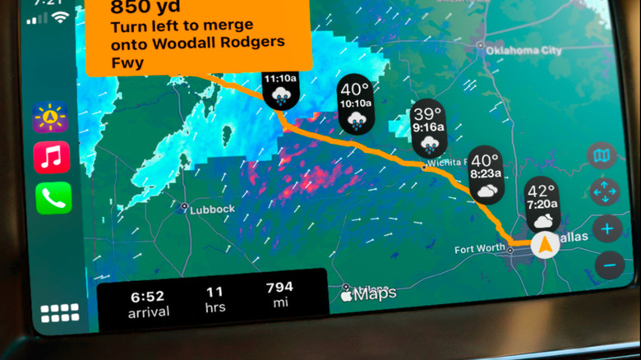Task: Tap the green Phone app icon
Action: pyautogui.click(x=53, y=198)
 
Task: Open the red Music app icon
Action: pyautogui.click(x=52, y=157)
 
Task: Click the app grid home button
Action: pyautogui.click(x=60, y=313)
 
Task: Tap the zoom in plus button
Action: pyautogui.click(x=607, y=229)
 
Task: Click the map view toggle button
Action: pyautogui.click(x=602, y=156)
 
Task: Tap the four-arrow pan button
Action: pyautogui.click(x=604, y=192)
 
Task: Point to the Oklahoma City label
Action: pyautogui.click(x=522, y=49)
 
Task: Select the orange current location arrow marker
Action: pyautogui.click(x=542, y=244)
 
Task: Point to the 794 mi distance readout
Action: pyautogui.click(x=279, y=293)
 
